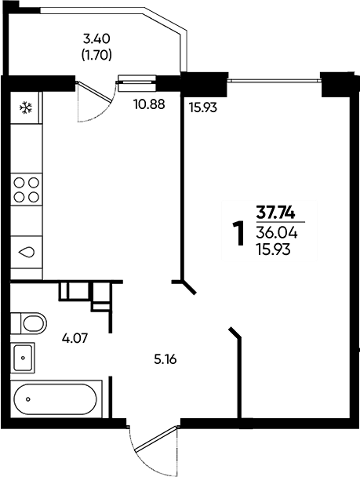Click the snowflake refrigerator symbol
point(26,107)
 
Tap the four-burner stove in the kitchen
point(27,189)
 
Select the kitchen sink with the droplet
point(27,252)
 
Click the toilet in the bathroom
point(29,322)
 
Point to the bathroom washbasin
point(23,358)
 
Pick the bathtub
point(56,399)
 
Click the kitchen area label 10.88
point(149,104)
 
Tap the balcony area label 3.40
point(96,39)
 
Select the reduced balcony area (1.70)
point(96,56)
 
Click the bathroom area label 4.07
point(75,338)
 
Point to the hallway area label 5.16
point(165,360)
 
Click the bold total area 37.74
point(275,213)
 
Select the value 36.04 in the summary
point(277,233)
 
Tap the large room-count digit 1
point(239,233)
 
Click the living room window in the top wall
point(275,80)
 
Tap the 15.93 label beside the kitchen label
point(203,107)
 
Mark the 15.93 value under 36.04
point(274,249)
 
